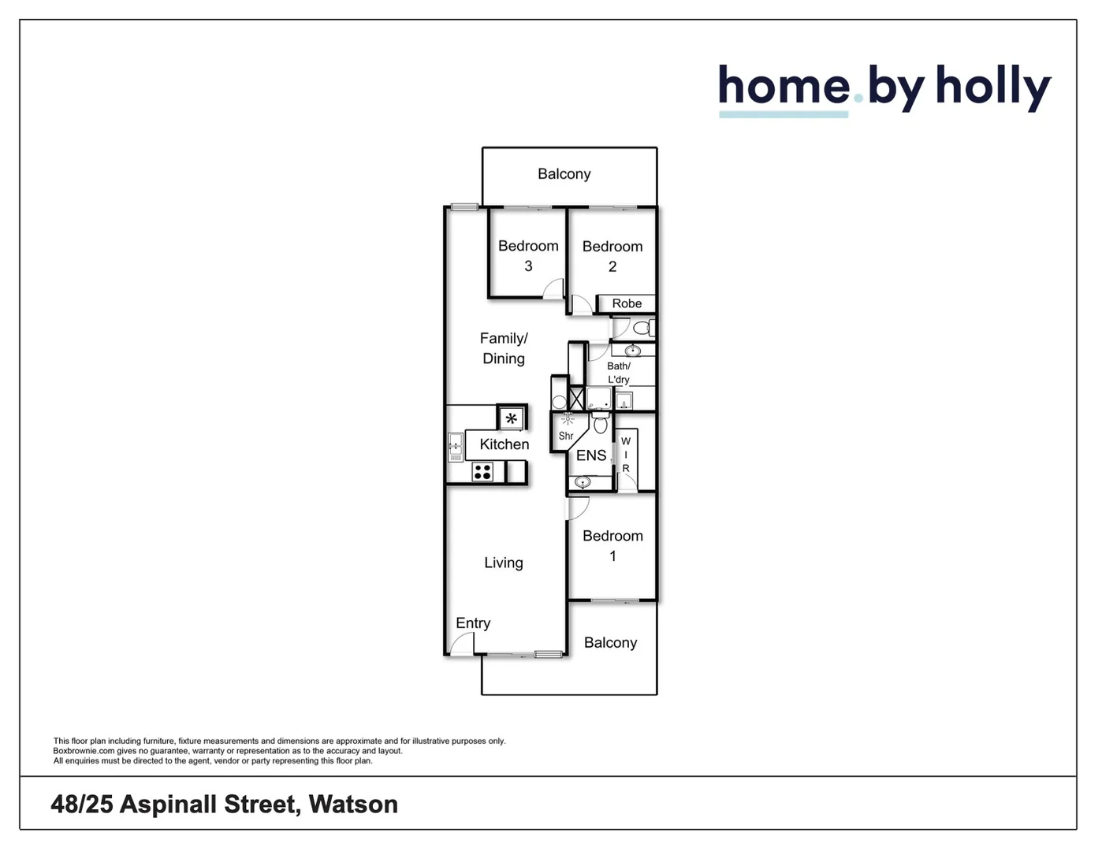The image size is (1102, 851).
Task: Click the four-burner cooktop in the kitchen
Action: coord(482,472)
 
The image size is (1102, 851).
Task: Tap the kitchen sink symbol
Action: coord(455,447)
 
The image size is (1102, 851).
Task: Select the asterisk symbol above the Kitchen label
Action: coord(512,418)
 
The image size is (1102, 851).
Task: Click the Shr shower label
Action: coord(566,436)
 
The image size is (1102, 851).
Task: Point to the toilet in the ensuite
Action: coord(601,424)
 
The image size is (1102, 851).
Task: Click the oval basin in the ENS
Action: coord(583,481)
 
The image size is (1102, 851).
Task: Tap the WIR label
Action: coord(626,455)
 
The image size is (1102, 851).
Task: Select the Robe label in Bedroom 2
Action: coord(627,303)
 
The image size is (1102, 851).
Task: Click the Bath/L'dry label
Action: coord(619,372)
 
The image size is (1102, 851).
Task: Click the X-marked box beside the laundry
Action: coord(576,399)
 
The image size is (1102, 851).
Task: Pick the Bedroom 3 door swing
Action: coord(553,288)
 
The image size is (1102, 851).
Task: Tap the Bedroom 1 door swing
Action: coord(578,509)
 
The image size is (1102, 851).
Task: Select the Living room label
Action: coord(504,563)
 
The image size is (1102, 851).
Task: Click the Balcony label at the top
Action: coord(564,173)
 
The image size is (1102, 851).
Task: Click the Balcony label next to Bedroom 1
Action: coord(610,642)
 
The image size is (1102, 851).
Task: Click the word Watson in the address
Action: coord(353,804)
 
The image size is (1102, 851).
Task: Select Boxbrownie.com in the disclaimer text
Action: coord(84,751)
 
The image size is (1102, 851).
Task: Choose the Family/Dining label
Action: coord(504,348)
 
